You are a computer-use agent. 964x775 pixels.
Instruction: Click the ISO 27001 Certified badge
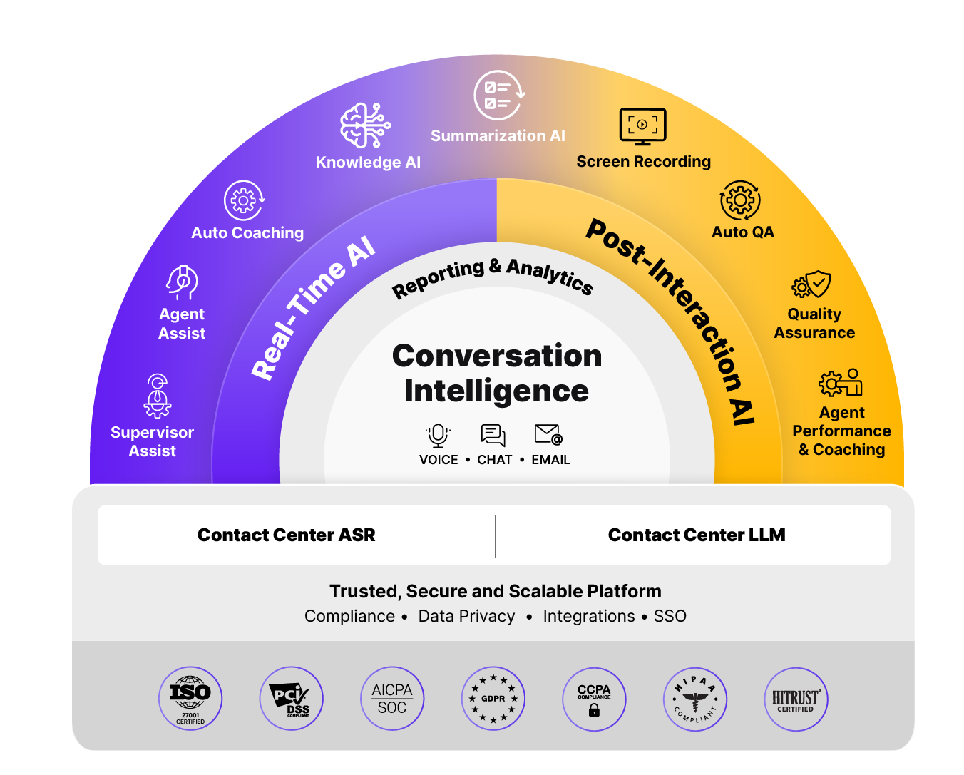click(x=190, y=699)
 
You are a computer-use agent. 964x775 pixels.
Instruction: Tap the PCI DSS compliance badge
click(x=291, y=699)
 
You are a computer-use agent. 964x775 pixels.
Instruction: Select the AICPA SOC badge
click(x=392, y=699)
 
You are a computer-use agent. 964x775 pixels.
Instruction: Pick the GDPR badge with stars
click(x=493, y=699)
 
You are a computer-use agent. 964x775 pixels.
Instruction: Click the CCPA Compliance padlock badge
click(x=594, y=699)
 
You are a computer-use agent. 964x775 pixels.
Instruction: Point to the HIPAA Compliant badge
click(x=694, y=699)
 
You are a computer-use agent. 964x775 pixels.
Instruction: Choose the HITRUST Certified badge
click(x=796, y=699)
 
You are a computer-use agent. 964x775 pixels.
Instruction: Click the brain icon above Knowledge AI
click(x=365, y=125)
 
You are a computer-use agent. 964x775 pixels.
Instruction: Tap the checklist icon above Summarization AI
click(x=499, y=95)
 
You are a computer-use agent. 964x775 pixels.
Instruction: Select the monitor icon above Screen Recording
click(x=643, y=127)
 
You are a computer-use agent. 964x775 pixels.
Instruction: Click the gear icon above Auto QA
click(x=740, y=200)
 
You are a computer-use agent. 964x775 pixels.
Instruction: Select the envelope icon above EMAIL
click(x=548, y=434)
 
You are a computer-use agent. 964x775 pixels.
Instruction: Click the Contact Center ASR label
click(x=286, y=535)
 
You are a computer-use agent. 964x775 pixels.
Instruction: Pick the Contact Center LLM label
click(x=697, y=535)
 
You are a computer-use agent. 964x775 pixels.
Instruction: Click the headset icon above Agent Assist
click(x=182, y=282)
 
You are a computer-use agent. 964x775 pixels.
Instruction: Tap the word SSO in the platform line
click(x=670, y=616)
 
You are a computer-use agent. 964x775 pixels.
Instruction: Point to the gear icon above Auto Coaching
click(x=244, y=200)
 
